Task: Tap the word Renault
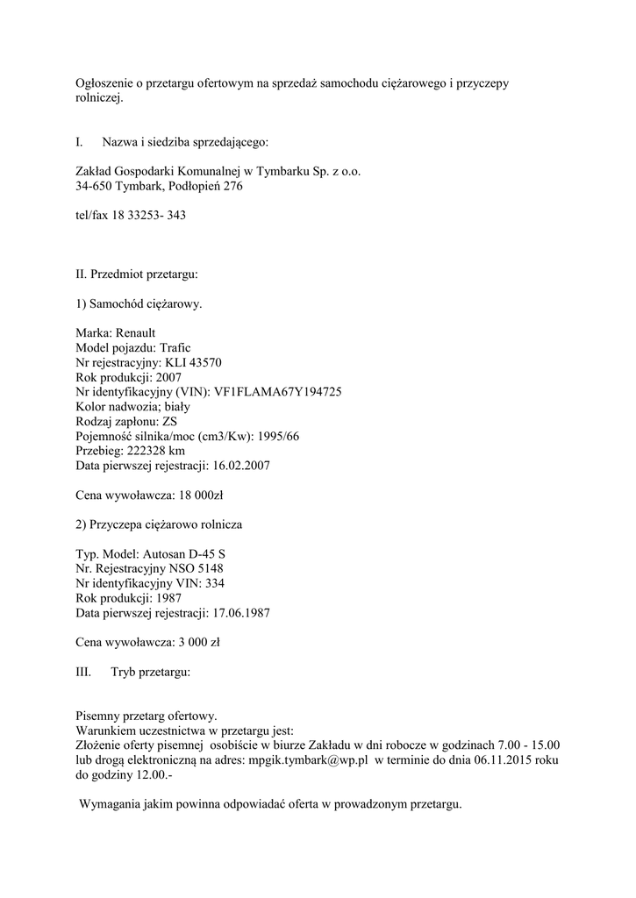[x=135, y=332]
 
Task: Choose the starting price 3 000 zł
[x=196, y=642]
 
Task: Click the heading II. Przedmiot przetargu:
[x=137, y=274]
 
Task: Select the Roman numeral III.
[x=83, y=672]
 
